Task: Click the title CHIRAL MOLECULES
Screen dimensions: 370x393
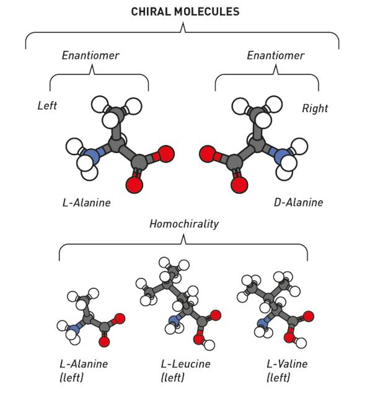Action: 185,12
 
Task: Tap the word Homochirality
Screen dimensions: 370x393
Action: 184,224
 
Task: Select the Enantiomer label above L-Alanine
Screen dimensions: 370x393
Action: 90,55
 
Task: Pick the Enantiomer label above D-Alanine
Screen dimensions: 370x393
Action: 276,55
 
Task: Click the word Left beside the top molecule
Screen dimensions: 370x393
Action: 47,105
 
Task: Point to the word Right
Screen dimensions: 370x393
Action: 315,108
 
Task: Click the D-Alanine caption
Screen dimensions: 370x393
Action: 298,203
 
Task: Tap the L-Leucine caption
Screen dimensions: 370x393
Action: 185,364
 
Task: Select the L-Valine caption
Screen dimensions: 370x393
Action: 287,364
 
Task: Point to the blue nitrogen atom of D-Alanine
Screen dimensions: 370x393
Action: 282,156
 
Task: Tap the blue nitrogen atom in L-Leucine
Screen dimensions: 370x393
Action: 174,320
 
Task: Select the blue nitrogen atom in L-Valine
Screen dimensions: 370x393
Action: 262,323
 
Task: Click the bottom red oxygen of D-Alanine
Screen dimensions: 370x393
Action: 239,185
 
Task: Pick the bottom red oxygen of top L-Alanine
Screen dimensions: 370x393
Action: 134,185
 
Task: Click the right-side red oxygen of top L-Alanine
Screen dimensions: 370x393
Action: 166,154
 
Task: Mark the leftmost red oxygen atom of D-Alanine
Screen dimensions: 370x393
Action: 208,154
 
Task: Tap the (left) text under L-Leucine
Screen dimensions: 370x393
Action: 172,378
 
